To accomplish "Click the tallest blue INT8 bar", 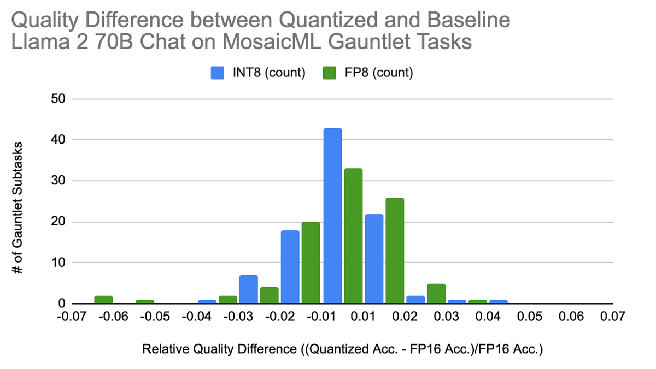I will coord(332,216).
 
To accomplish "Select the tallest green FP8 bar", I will coord(353,236).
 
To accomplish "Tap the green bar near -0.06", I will coord(103,299).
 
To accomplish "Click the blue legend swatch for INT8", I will coord(217,73).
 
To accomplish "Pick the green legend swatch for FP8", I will coord(330,73).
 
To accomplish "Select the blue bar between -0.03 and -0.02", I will coord(249,289).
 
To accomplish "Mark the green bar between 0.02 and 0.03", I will coord(436,294).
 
